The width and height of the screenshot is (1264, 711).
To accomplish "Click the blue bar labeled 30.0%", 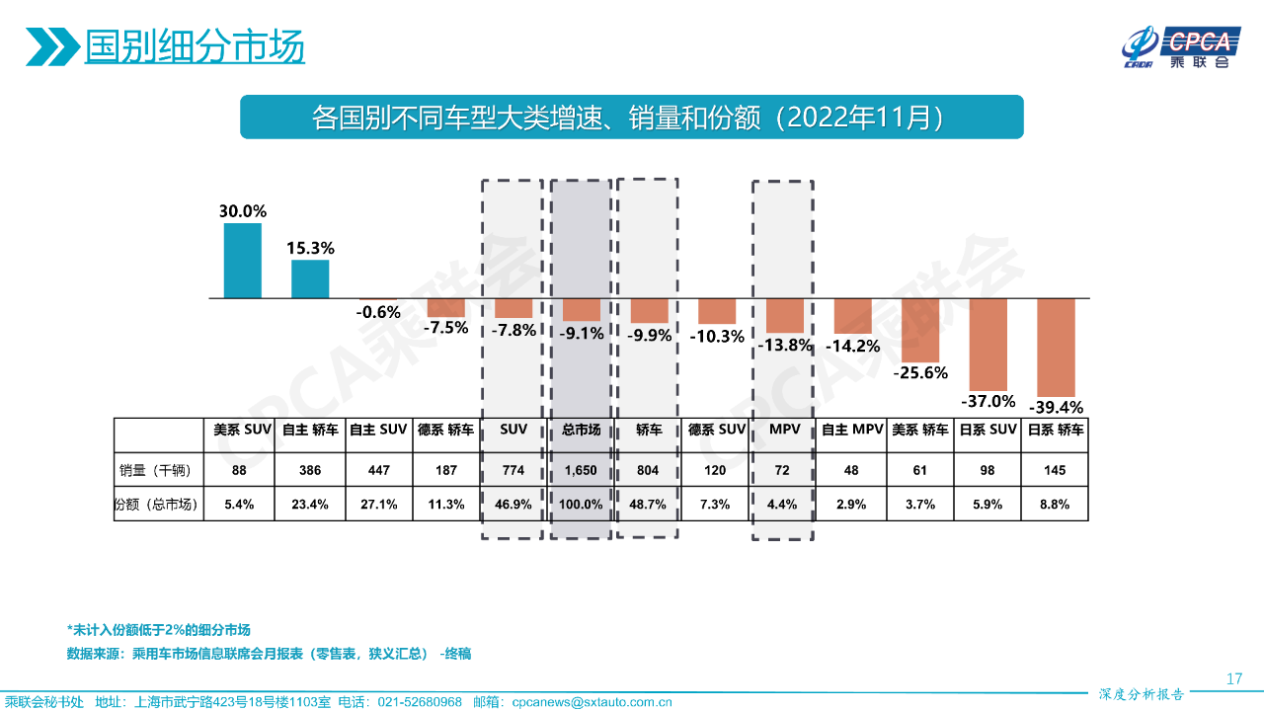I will [243, 261].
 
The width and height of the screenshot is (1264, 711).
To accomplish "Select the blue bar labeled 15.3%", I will [310, 278].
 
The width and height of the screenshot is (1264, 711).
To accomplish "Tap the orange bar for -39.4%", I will [1056, 347].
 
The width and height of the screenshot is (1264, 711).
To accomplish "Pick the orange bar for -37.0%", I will [987, 344].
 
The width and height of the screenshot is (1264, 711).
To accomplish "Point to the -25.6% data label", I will [920, 373].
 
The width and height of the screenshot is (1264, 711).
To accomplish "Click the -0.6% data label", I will [378, 312].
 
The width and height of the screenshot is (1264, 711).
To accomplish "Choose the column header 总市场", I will [581, 431].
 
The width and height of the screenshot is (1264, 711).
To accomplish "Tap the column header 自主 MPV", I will [852, 431].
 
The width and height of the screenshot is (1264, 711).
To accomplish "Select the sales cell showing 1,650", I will [581, 471].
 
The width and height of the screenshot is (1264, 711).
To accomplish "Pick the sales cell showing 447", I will [378, 471].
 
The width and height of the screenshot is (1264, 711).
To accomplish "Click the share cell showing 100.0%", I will [581, 505].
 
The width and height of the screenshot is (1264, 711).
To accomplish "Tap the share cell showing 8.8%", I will [1055, 505].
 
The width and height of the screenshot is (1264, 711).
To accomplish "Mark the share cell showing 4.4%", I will [782, 505].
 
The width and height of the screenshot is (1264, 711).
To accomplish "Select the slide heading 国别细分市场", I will [195, 46].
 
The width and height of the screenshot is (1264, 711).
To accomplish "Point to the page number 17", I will [1233, 678].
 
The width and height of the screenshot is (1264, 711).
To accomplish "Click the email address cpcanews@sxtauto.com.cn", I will [592, 702].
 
